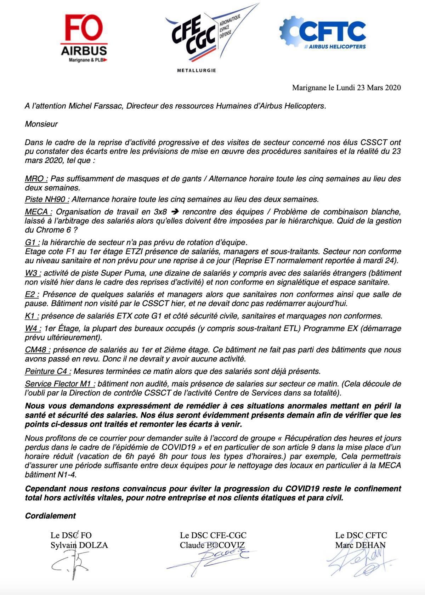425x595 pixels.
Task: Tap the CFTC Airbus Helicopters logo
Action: (323, 33)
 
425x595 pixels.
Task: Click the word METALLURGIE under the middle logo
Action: (196, 70)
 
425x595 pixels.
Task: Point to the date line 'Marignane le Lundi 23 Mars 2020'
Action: (346, 87)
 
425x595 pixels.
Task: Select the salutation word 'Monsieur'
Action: (41, 124)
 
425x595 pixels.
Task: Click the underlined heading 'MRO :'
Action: (36, 178)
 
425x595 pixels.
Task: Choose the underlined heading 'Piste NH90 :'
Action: (47, 199)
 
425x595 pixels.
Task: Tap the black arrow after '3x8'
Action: (174, 212)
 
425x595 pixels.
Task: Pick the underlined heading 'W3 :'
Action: (33, 273)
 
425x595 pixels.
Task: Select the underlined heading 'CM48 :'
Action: (38, 350)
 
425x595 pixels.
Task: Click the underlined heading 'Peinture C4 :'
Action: (48, 371)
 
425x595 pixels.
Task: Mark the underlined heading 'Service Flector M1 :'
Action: (60, 384)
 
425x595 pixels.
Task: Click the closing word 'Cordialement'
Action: (50, 516)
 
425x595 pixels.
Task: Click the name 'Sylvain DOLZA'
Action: (79, 545)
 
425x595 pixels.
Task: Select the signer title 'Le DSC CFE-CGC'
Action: (213, 535)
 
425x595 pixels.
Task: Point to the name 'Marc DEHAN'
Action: (360, 545)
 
